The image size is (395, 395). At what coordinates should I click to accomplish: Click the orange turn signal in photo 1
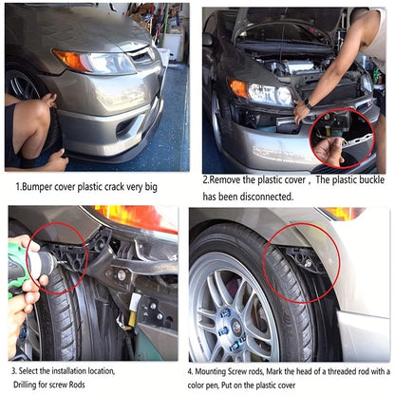pos(70,60)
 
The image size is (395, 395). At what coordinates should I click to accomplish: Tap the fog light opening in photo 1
pos(125,127)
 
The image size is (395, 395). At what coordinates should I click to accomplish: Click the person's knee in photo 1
pos(35,110)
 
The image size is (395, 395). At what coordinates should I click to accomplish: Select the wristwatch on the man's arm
pos(308,103)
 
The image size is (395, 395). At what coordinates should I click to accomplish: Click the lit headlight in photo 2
pos(270,94)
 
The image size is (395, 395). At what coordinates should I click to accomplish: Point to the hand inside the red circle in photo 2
pos(329,151)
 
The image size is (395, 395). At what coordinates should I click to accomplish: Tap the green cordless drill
pos(23,268)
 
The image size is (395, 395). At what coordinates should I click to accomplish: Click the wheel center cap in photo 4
pos(235,325)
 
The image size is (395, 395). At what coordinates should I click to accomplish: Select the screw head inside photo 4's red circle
pos(308,262)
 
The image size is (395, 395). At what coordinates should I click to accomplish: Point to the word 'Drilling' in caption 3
pos(25,385)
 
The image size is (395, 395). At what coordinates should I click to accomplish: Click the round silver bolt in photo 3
pos(122,274)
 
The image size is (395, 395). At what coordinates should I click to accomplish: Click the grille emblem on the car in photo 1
pos(150,53)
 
